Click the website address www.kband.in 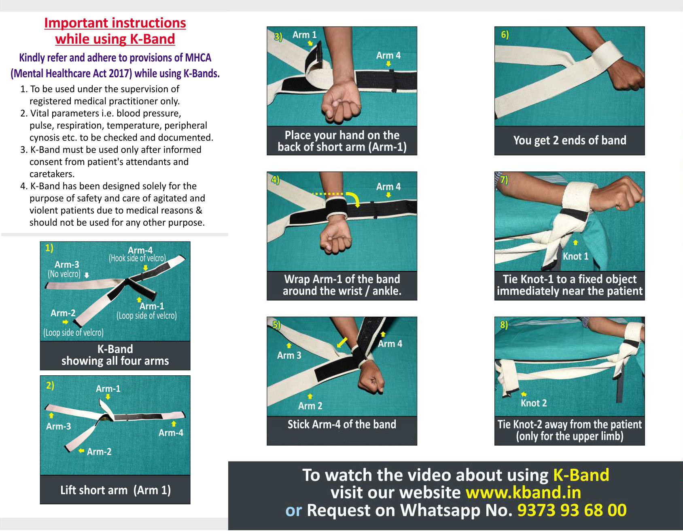523,493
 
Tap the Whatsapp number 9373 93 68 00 572,510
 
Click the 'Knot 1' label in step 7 575,256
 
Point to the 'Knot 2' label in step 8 533,403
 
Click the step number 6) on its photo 505,35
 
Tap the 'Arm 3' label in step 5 289,355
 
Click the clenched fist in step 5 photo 371,379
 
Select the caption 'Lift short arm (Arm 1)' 115,490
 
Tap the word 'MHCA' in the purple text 198,58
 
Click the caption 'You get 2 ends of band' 570,140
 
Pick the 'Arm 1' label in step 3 304,35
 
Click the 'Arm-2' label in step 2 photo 99,452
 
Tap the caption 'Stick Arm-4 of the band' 342,424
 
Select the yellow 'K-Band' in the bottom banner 581,475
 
